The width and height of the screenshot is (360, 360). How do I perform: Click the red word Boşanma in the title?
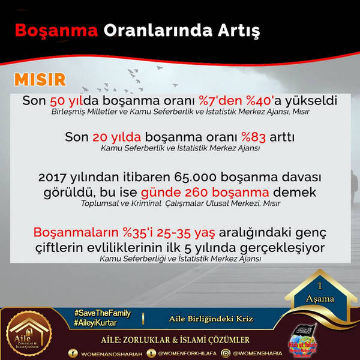pyautogui.click(x=56, y=31)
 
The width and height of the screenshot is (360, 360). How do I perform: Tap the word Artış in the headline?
pyautogui.click(x=239, y=31)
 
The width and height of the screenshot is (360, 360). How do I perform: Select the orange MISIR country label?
pyautogui.click(x=40, y=80)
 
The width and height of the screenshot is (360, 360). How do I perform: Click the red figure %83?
pyautogui.click(x=253, y=137)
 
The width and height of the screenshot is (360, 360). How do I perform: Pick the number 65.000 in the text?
pyautogui.click(x=195, y=177)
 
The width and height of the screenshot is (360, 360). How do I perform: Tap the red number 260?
pyautogui.click(x=196, y=193)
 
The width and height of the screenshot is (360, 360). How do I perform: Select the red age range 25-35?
pyautogui.click(x=173, y=232)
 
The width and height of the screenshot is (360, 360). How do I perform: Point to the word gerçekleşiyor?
pyautogui.click(x=283, y=248)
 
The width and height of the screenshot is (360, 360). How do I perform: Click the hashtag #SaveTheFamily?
pyautogui.click(x=103, y=313)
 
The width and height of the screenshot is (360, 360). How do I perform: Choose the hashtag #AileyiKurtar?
pyautogui.click(x=95, y=323)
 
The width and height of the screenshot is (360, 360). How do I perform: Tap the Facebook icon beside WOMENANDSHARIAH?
pyautogui.click(x=73, y=353)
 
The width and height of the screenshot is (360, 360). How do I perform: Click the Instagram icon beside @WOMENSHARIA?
pyautogui.click(x=226, y=353)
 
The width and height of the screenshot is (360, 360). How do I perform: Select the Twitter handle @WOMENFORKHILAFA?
pyautogui.click(x=187, y=353)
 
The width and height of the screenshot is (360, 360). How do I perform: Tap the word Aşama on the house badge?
pyautogui.click(x=320, y=299)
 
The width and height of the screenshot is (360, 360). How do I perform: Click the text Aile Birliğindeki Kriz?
pyautogui.click(x=211, y=319)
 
